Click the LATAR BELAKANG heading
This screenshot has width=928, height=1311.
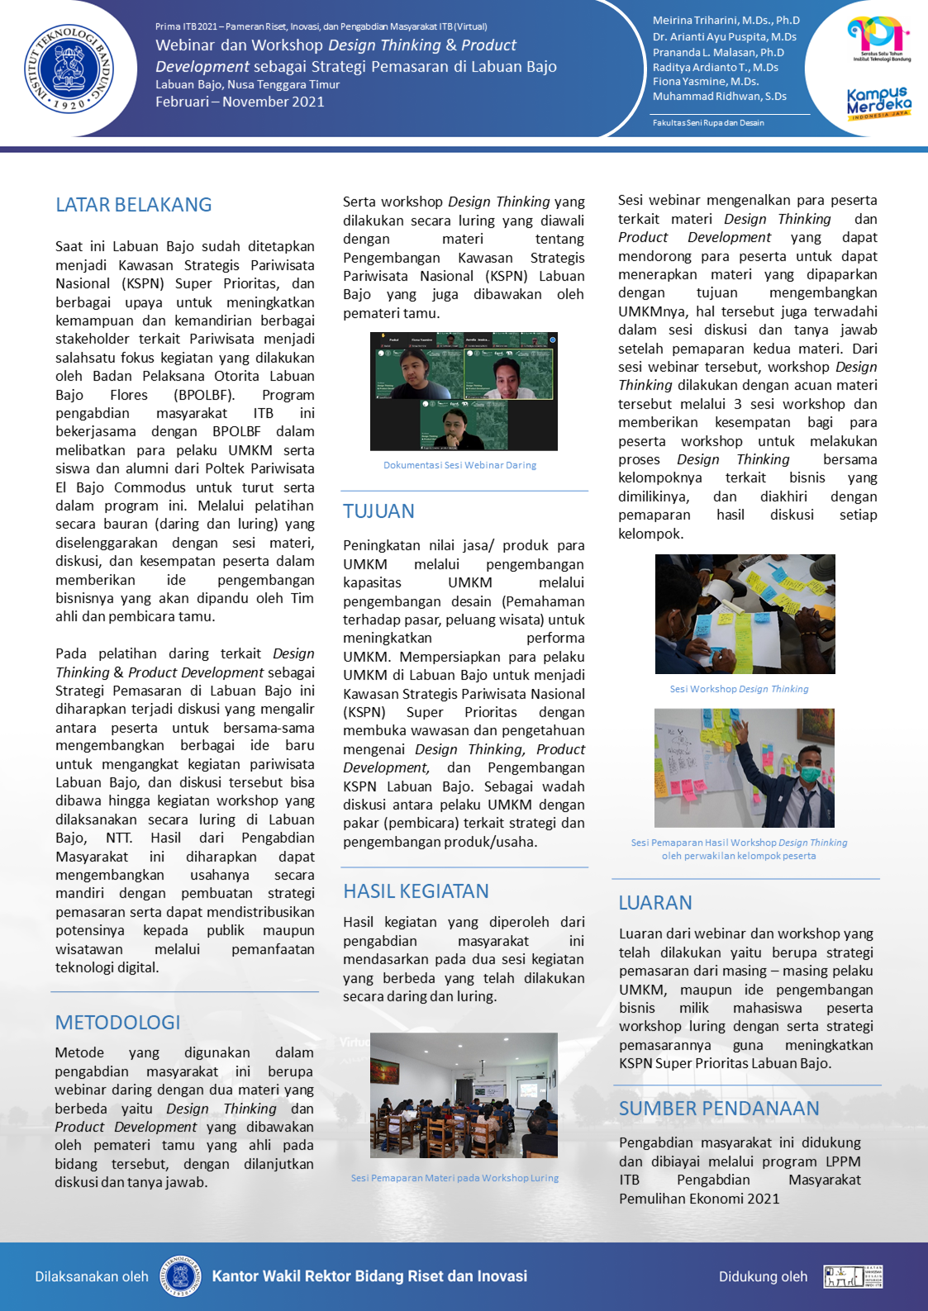[x=134, y=205]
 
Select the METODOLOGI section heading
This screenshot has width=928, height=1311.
[x=117, y=1023]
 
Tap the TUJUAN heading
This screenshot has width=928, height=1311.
[x=378, y=511]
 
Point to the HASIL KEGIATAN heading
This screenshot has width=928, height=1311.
[x=416, y=891]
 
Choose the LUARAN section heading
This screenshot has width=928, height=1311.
[x=655, y=903]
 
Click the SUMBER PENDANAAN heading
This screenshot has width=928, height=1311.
[x=719, y=1109]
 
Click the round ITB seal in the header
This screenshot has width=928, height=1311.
[x=69, y=69]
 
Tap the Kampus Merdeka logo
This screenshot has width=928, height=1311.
[x=878, y=102]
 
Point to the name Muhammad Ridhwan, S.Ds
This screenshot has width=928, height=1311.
[x=719, y=97]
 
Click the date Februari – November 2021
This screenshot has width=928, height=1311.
[x=240, y=102]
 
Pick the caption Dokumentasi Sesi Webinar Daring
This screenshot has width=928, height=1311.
[x=459, y=465]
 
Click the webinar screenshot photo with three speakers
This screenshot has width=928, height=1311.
[x=464, y=391]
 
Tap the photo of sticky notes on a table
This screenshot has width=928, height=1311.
[x=745, y=614]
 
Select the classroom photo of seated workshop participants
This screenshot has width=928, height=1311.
[x=464, y=1095]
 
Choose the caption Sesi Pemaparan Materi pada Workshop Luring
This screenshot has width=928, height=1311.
[x=454, y=1178]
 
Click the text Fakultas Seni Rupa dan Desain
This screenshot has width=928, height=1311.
[x=708, y=123]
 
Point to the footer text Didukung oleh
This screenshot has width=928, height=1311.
[x=763, y=1277]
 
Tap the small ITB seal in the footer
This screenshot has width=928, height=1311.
[x=180, y=1276]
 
